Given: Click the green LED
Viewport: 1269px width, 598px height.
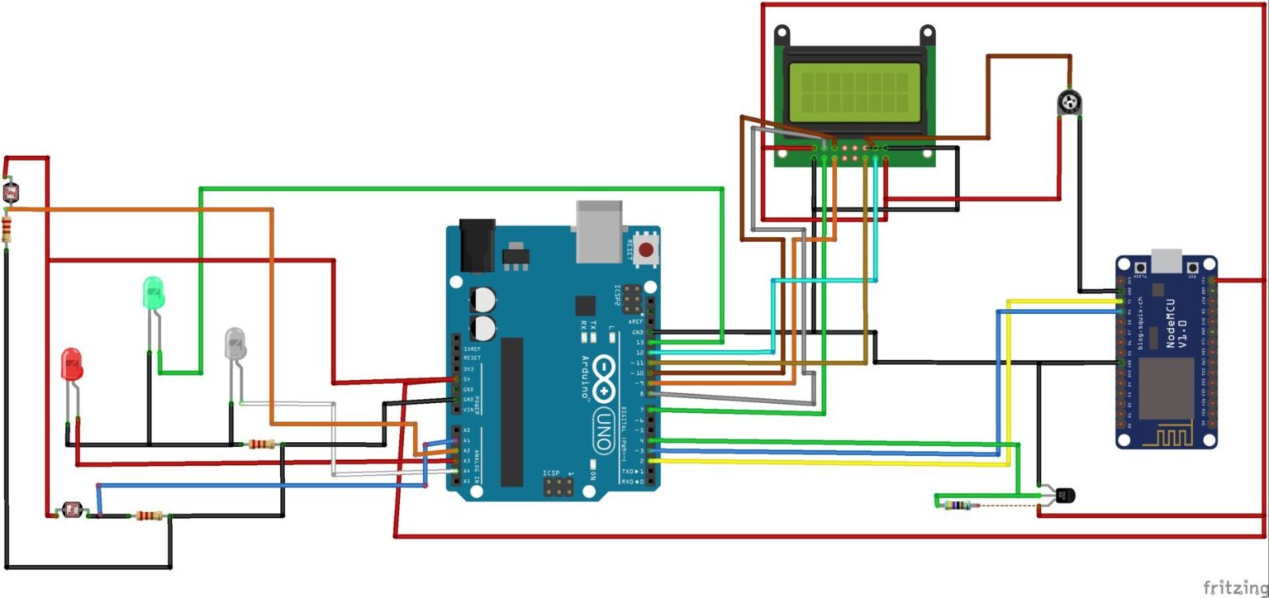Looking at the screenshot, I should pos(153,293).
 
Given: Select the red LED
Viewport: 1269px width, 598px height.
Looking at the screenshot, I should pos(73,364).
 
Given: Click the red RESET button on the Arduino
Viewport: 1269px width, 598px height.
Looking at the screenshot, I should pos(645,249).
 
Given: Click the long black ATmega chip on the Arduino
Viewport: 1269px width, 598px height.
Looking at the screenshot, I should pos(511,411).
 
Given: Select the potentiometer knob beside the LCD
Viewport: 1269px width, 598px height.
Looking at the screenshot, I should pos(1069,102).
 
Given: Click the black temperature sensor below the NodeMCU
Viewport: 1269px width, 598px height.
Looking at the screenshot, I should pos(1064,495).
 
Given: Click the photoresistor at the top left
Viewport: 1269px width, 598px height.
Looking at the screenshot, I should pos(11,194).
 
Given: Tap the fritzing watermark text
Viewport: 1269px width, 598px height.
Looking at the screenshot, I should pos(1234,587).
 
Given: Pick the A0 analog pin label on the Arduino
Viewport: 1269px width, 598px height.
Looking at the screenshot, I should pos(466,430).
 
